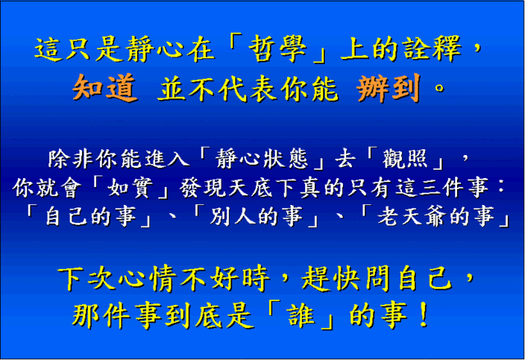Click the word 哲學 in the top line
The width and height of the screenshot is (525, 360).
click(277, 49)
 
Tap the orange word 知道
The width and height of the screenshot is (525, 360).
click(105, 88)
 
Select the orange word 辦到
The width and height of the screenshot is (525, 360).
click(388, 88)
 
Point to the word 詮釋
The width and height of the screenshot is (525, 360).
click(432, 49)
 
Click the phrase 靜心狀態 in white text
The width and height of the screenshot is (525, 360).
click(262, 158)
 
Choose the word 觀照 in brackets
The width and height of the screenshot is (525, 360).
click(404, 158)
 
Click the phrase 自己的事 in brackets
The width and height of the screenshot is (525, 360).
click(90, 216)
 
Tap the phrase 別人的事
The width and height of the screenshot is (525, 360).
click(256, 216)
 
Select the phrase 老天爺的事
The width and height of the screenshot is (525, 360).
click(436, 216)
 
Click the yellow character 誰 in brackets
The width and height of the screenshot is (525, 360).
click(301, 315)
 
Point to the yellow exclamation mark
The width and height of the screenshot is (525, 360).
click(423, 315)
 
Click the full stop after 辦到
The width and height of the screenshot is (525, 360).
click(439, 89)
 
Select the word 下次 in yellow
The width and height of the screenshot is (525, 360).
click(87, 278)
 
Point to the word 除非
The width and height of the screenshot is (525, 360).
click(71, 158)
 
